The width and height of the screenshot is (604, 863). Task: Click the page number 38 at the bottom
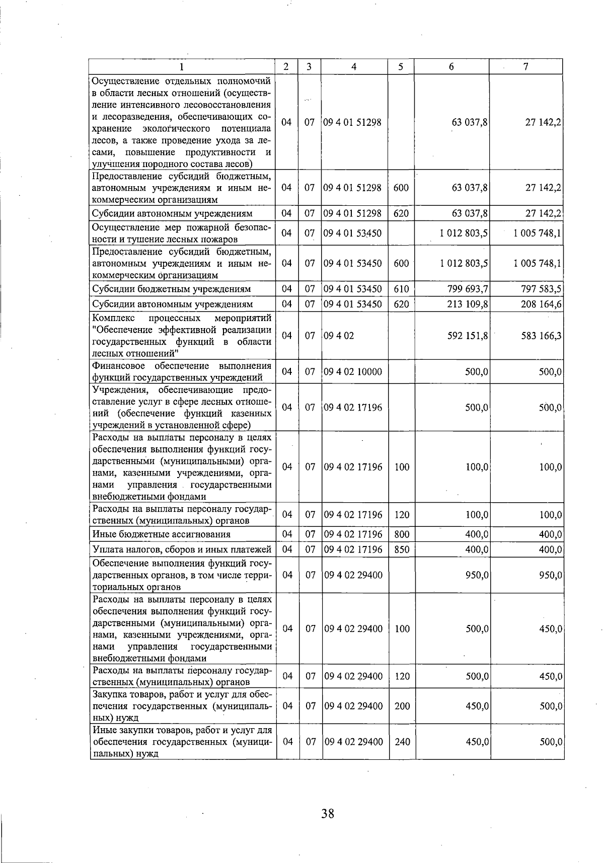click(x=328, y=814)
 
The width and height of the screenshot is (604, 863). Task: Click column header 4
click(x=354, y=66)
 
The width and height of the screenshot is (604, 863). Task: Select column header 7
click(x=525, y=66)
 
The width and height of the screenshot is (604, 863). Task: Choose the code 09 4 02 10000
click(x=353, y=372)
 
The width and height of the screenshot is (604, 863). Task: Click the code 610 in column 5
click(x=401, y=289)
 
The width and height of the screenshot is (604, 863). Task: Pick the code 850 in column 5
click(x=401, y=550)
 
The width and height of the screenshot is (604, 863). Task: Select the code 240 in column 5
click(x=402, y=742)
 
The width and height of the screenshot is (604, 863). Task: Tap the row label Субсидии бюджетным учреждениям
click(x=172, y=289)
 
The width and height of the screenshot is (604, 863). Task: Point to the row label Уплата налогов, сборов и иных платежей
click(x=182, y=550)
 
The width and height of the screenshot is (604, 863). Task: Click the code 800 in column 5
click(x=401, y=534)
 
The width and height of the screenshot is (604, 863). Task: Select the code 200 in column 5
click(x=402, y=706)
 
